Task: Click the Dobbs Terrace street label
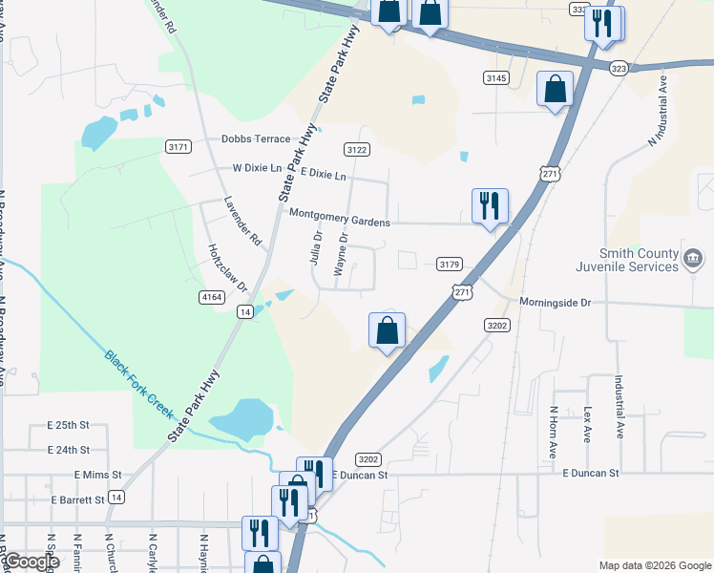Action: coord(256,138)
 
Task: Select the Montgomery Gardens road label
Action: coord(340,222)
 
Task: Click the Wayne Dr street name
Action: coord(340,257)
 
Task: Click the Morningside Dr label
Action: coord(556,302)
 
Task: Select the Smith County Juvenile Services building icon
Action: coord(693,257)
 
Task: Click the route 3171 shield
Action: coord(178,147)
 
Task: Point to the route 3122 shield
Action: coord(357,149)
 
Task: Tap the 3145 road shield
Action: coord(496,77)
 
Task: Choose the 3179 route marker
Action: coord(450,264)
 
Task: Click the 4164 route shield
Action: coord(212,298)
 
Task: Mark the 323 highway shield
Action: coord(619,69)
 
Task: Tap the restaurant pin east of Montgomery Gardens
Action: coord(490,205)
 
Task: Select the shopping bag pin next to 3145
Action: coord(555,89)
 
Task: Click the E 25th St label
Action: coord(68,424)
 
